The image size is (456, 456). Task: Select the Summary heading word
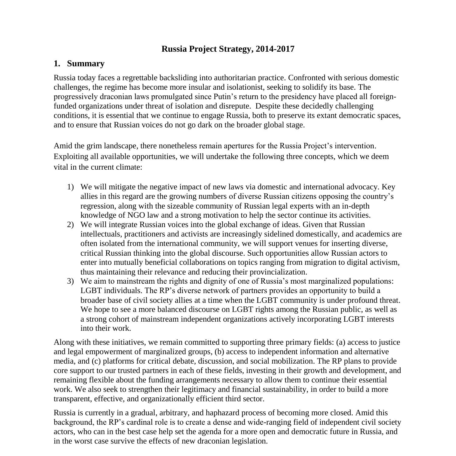pyautogui.click(x=86, y=64)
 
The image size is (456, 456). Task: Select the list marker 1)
pyautogui.click(x=70, y=187)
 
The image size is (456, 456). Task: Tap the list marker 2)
pyautogui.click(x=70, y=225)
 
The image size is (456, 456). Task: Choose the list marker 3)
pyautogui.click(x=70, y=281)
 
